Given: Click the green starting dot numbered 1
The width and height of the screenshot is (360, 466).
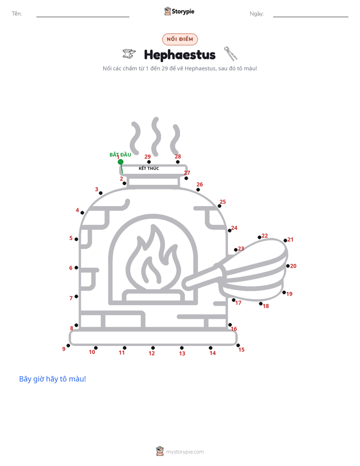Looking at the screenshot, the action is click(121, 162).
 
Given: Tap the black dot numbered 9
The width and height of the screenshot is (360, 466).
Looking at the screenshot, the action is click(68, 345).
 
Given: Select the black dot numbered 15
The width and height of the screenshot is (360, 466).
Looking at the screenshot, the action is click(238, 345).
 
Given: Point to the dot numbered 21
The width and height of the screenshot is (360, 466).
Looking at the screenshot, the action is click(285, 241).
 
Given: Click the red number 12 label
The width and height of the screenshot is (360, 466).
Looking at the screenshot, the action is click(152, 354).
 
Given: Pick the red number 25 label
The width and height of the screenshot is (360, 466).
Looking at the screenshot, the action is click(223, 202).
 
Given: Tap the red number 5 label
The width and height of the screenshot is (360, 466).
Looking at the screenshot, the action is click(71, 238).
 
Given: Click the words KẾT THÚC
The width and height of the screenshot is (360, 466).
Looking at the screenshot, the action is click(149, 168).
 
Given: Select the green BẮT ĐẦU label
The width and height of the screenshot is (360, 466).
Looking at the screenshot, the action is click(121, 154).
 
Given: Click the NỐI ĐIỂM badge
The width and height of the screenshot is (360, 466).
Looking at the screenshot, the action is click(180, 39).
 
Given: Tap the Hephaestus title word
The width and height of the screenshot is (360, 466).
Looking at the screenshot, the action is click(179, 55).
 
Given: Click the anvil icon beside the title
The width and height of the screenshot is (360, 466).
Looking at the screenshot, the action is click(129, 53).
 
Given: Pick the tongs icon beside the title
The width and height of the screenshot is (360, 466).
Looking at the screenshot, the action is click(231, 53).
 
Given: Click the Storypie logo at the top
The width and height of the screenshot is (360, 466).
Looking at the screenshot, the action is click(179, 11).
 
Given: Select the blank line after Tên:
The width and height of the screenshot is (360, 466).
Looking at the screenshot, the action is click(83, 17).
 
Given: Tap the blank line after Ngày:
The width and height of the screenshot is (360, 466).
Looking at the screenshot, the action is click(311, 17).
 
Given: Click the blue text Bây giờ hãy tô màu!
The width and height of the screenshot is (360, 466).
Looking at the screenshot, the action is click(52, 379).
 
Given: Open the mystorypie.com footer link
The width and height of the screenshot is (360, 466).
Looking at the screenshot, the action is click(185, 452).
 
